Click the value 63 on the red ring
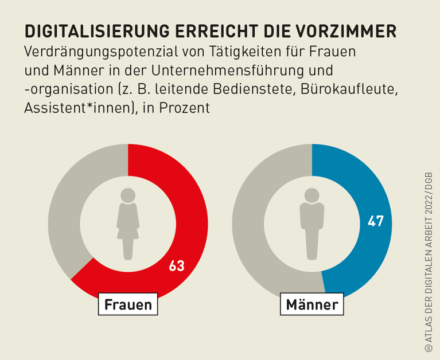click(177, 266)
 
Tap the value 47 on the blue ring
click(376, 221)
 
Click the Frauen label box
click(128, 304)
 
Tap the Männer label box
click(312, 304)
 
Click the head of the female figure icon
click(128, 195)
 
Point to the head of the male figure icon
click(312, 195)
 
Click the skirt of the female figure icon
click(128, 229)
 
